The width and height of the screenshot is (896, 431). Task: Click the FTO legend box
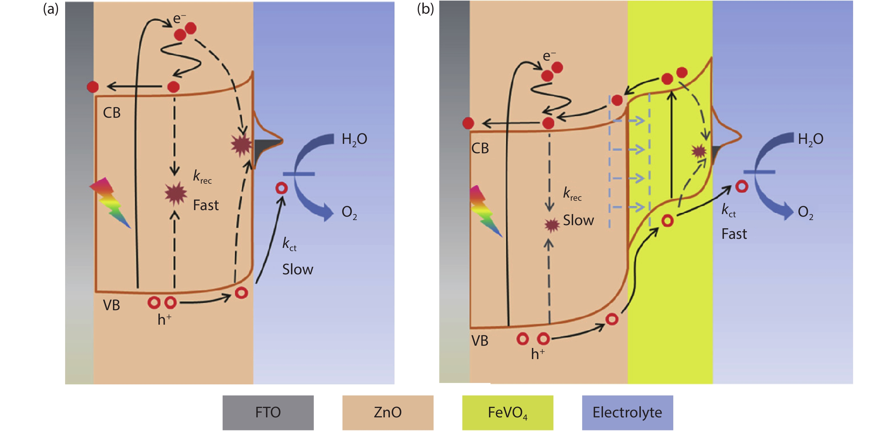(x=268, y=413)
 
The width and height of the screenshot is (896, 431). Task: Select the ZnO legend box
(x=387, y=413)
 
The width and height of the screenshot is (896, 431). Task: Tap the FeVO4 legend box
(x=507, y=413)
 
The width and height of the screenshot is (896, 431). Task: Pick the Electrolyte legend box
(x=627, y=413)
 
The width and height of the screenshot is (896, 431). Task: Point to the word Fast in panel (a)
(x=206, y=206)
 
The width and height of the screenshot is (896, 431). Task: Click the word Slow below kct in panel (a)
(x=298, y=270)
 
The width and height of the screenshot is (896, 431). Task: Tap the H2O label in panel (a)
(x=354, y=139)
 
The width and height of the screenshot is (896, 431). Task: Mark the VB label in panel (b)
(x=480, y=341)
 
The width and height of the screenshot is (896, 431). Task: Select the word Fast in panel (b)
(x=734, y=234)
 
